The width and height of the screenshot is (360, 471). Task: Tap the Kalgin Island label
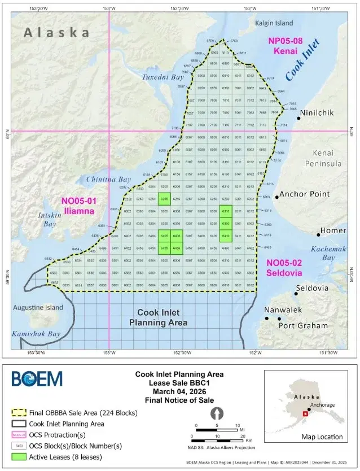272,23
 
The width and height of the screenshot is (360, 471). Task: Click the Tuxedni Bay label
163,76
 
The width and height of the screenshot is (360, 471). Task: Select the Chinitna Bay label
108,180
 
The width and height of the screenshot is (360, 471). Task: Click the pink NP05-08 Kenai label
286,45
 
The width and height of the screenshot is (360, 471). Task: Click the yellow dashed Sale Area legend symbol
20,413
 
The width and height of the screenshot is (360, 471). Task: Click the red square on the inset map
305,414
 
